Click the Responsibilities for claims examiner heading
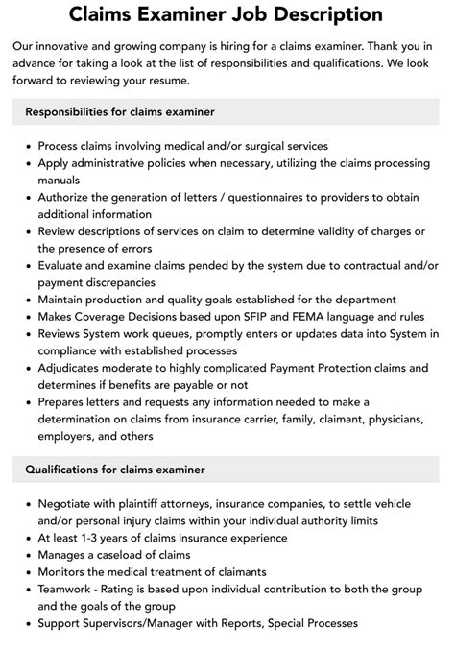click(120, 112)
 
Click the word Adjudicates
click(74, 368)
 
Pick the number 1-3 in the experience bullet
click(94, 538)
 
